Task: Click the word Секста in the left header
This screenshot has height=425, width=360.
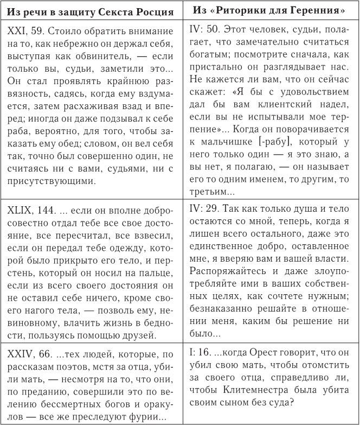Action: (x=121, y=11)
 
